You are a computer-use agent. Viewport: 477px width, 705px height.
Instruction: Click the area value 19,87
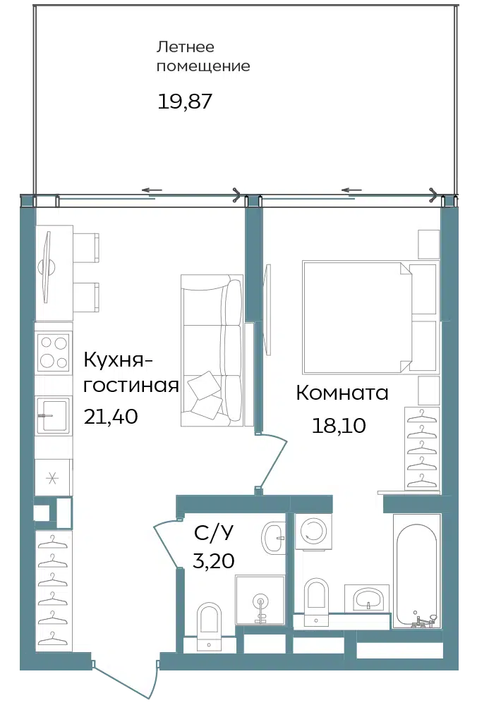[x=184, y=102]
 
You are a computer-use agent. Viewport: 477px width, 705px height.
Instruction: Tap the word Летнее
[x=185, y=47]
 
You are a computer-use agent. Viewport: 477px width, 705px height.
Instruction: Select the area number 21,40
[x=111, y=417]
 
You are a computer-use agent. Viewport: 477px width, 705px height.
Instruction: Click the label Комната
[x=342, y=393]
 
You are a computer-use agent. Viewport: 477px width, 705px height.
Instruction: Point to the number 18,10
[x=339, y=425]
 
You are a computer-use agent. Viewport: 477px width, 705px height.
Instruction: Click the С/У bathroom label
[x=214, y=533]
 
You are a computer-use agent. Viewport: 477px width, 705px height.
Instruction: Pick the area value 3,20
[x=214, y=560]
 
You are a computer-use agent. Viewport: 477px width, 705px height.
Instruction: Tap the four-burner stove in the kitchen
[x=54, y=352]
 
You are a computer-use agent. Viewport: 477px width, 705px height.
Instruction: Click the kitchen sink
[x=53, y=415]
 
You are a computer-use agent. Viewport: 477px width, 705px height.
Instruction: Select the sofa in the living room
[x=212, y=350]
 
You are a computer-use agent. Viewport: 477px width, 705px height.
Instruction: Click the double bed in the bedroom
[x=370, y=317]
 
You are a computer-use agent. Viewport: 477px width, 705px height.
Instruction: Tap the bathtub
[x=417, y=571]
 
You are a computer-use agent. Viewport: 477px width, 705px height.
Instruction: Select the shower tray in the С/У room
[x=260, y=600]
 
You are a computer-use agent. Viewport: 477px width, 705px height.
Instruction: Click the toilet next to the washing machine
[x=317, y=602]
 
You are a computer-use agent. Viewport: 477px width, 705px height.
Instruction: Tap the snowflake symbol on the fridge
[x=53, y=478]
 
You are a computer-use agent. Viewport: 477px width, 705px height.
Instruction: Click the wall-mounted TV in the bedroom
[x=268, y=309]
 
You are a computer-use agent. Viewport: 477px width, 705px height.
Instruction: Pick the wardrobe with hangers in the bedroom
[x=422, y=448]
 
